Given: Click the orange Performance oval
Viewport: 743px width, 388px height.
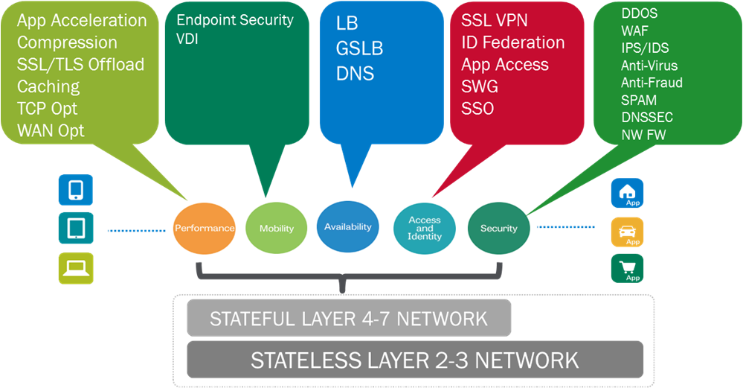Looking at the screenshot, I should [x=204, y=228].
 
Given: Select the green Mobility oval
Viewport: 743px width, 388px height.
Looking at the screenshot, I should [x=277, y=229].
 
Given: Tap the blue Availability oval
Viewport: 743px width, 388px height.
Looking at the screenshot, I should [x=347, y=226].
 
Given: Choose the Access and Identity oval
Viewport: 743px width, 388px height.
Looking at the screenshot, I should [x=425, y=228].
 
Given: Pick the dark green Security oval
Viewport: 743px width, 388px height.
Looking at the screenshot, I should [x=498, y=228].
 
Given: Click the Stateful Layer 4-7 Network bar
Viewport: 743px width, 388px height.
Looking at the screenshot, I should [x=349, y=319].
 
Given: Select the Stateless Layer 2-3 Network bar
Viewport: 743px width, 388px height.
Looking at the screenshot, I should [x=414, y=360].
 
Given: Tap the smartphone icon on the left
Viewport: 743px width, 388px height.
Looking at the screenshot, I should [x=76, y=190].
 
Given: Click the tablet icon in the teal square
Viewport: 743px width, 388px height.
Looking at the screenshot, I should [x=76, y=229].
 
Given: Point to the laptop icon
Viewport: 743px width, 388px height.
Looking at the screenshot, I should [x=76, y=268].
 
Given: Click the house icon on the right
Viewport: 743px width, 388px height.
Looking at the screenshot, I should [x=627, y=193].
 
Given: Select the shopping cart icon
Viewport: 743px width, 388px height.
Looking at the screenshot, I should [x=627, y=269].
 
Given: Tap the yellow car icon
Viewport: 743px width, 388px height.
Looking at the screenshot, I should [x=627, y=232].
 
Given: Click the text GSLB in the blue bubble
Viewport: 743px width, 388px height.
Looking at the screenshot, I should [x=359, y=48].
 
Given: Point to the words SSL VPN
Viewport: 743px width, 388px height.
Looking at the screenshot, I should [x=494, y=19].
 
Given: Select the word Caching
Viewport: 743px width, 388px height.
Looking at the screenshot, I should [x=48, y=86].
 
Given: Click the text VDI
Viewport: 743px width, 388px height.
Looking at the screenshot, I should [x=187, y=39].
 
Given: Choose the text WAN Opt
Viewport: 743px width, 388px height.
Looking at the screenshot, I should [x=51, y=130].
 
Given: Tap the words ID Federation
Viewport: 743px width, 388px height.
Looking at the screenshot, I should [x=512, y=42].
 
